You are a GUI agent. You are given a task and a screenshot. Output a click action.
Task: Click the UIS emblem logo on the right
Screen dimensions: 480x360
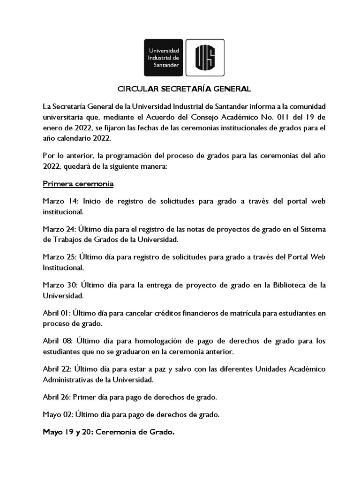click(205, 58)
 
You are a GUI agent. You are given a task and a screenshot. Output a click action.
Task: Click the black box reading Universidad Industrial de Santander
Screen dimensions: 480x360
click(164, 58)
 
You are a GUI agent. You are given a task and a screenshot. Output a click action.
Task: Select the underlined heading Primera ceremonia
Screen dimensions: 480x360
click(78, 183)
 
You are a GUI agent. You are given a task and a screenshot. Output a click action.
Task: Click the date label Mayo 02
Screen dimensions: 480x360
click(57, 414)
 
